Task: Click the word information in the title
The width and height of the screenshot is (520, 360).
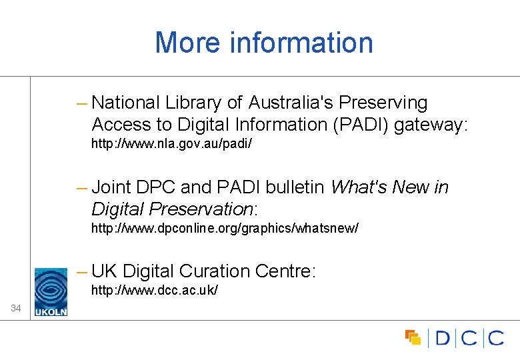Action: [301, 43]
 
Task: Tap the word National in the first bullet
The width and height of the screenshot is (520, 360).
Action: [126, 103]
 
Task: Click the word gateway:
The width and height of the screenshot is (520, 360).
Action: [432, 125]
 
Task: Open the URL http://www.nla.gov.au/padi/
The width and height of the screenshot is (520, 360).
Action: [171, 144]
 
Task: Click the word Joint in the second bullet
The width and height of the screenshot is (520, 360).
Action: [111, 187]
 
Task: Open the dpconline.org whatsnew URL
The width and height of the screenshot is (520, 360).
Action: [225, 229]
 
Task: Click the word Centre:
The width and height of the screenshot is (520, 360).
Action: [285, 271]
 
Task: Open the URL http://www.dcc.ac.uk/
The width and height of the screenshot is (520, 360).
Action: [154, 291]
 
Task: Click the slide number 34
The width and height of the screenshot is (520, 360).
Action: [16, 308]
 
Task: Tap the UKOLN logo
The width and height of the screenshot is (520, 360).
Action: [51, 291]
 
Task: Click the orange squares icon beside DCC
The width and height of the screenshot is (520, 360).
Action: [413, 337]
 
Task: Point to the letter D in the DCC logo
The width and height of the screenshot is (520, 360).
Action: [443, 338]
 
